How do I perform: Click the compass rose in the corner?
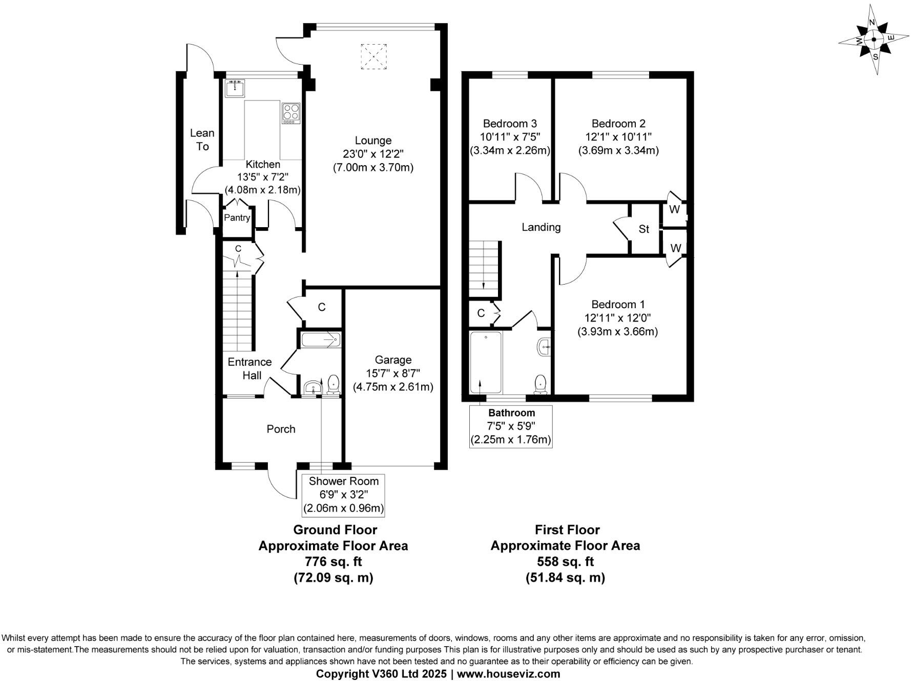point(874,39)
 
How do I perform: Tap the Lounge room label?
point(373,141)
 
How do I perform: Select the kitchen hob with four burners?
point(290,113)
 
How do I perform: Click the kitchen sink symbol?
point(235,88)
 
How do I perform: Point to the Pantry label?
point(237,217)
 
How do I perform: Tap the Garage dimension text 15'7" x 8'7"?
point(393,373)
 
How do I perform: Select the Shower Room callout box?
point(343,495)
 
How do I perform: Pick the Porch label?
point(281,429)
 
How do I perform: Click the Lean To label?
point(202,139)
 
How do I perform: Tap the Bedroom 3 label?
point(510,124)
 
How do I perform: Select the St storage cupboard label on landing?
point(643,229)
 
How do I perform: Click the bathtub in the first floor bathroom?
point(486,362)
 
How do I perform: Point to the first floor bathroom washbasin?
point(544,347)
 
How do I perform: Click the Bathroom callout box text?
point(511,426)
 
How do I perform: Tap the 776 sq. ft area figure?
point(333,561)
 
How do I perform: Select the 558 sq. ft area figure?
point(565,561)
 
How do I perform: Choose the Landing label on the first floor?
point(541,227)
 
